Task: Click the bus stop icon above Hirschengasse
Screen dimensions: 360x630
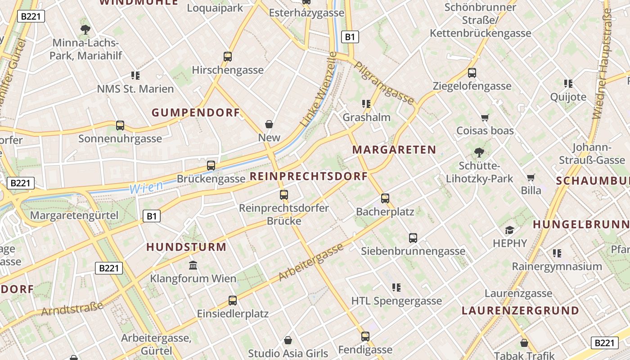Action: tap(228, 57)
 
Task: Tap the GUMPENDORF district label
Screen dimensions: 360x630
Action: tap(196, 113)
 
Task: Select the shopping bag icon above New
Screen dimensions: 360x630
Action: tap(269, 124)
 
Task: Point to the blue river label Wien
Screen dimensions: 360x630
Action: tap(146, 188)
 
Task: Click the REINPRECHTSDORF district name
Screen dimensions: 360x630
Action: tap(309, 176)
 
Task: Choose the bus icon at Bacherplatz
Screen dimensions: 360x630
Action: tap(385, 198)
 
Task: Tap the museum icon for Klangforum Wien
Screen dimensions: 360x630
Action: tap(193, 265)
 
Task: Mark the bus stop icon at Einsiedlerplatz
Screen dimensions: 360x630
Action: tap(233, 300)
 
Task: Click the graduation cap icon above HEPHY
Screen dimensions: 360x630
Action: tap(509, 230)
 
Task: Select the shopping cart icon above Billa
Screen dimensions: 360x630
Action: tap(531, 177)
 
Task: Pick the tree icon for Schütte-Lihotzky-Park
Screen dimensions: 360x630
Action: tap(479, 153)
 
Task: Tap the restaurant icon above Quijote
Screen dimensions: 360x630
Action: tap(568, 84)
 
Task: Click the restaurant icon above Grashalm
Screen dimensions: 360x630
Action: tap(366, 104)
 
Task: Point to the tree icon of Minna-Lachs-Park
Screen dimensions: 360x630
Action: tap(85, 30)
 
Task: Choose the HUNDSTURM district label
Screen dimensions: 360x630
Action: tap(186, 247)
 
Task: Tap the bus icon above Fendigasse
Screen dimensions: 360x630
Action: tap(365, 336)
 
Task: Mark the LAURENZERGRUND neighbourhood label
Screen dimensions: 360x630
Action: tap(520, 311)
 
